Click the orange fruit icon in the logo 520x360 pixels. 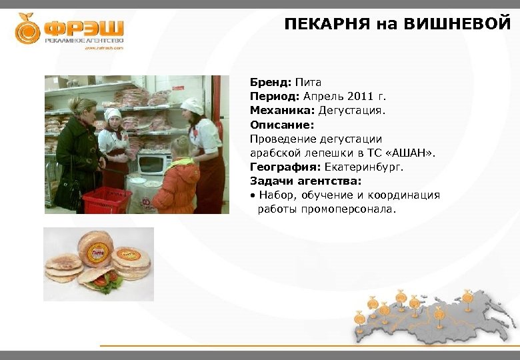click(28, 29)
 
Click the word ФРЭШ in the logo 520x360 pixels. click(84, 29)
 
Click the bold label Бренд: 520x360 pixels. click(271, 83)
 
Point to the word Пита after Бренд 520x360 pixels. click(308, 83)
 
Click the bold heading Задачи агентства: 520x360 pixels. click(305, 181)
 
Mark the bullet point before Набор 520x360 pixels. click(253, 195)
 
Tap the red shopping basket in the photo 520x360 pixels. click(106, 199)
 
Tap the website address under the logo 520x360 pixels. click(104, 48)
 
